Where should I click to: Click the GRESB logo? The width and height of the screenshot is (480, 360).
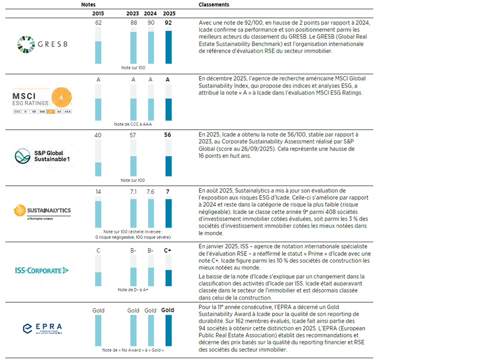42,45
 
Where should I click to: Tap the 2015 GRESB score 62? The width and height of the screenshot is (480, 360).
98,23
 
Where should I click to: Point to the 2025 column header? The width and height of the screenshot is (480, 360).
169,13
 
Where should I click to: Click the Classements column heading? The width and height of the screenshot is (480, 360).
214,4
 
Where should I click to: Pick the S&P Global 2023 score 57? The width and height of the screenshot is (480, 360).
133,135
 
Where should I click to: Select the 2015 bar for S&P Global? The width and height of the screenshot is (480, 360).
98,169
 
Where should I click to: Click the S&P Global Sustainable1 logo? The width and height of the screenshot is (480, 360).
42,156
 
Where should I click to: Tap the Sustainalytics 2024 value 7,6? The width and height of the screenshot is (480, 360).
150,192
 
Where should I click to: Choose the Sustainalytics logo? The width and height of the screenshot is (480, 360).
42,211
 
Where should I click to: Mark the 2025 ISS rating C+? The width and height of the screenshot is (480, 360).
168,251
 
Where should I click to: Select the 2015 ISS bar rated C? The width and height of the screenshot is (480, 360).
98,279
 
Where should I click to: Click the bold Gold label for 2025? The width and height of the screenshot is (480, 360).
168,310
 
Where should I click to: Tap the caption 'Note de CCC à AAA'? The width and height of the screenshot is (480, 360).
133,124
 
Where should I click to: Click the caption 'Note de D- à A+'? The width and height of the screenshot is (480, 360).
133,290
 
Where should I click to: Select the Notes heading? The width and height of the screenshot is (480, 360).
88,4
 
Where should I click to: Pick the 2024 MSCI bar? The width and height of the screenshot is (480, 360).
151,109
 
